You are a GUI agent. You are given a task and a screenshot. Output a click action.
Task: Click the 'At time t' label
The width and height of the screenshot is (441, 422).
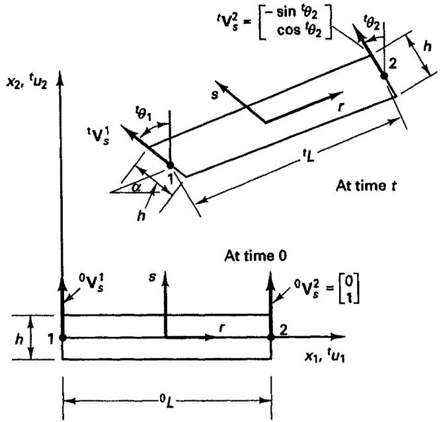[x=366, y=186]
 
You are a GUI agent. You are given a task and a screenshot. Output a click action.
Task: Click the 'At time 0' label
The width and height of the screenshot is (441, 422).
[x=256, y=256]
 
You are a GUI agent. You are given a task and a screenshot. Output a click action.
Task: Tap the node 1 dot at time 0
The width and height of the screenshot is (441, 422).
[x=63, y=337]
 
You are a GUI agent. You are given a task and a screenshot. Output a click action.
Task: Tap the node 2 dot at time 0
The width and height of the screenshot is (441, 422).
[x=271, y=337]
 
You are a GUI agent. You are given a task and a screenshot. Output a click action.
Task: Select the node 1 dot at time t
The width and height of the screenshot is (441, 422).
[x=170, y=165]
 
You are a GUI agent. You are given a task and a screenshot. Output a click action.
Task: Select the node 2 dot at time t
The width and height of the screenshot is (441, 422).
[x=384, y=76]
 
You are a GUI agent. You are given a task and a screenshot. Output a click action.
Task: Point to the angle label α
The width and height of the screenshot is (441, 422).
[x=136, y=188]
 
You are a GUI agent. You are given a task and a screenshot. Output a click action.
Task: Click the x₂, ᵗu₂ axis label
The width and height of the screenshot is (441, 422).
[x=27, y=83]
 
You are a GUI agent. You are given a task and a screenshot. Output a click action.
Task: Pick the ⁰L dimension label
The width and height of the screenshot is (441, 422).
[x=167, y=402]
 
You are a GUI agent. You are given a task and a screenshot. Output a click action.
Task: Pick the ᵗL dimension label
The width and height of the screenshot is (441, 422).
[x=307, y=156]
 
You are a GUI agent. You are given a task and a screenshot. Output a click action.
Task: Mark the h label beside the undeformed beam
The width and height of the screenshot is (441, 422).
[x=19, y=339]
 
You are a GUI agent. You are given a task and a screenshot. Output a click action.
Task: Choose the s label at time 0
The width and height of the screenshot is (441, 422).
[x=152, y=277]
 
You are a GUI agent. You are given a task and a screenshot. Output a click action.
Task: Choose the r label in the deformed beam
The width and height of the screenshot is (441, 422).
[x=341, y=107]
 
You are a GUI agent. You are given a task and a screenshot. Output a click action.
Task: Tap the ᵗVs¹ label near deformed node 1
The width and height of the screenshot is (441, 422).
[x=98, y=136]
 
